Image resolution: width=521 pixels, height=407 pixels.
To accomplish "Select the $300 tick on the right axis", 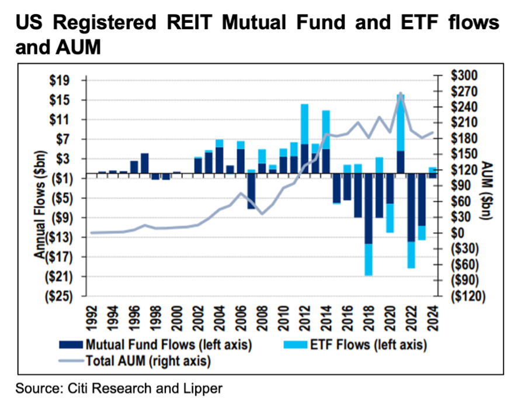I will coord(465,75).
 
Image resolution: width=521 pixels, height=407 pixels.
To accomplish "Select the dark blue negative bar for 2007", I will coord(251,193).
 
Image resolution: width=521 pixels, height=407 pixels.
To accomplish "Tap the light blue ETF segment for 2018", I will coord(369,259).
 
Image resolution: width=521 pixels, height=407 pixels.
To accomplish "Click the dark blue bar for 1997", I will coord(145,165).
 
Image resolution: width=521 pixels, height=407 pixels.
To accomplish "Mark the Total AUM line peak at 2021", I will coord(401,93).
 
